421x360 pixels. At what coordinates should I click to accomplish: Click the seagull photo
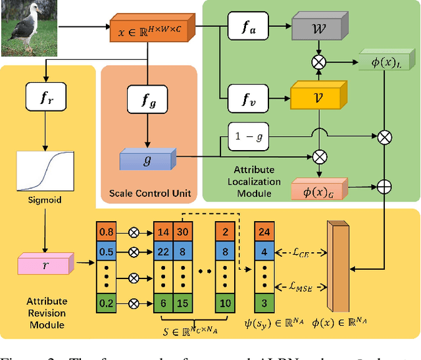click(x=30, y=29)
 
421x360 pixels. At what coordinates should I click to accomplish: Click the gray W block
click(x=318, y=29)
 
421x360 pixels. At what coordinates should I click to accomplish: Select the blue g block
click(x=146, y=159)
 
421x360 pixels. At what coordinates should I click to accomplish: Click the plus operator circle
click(x=384, y=188)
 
